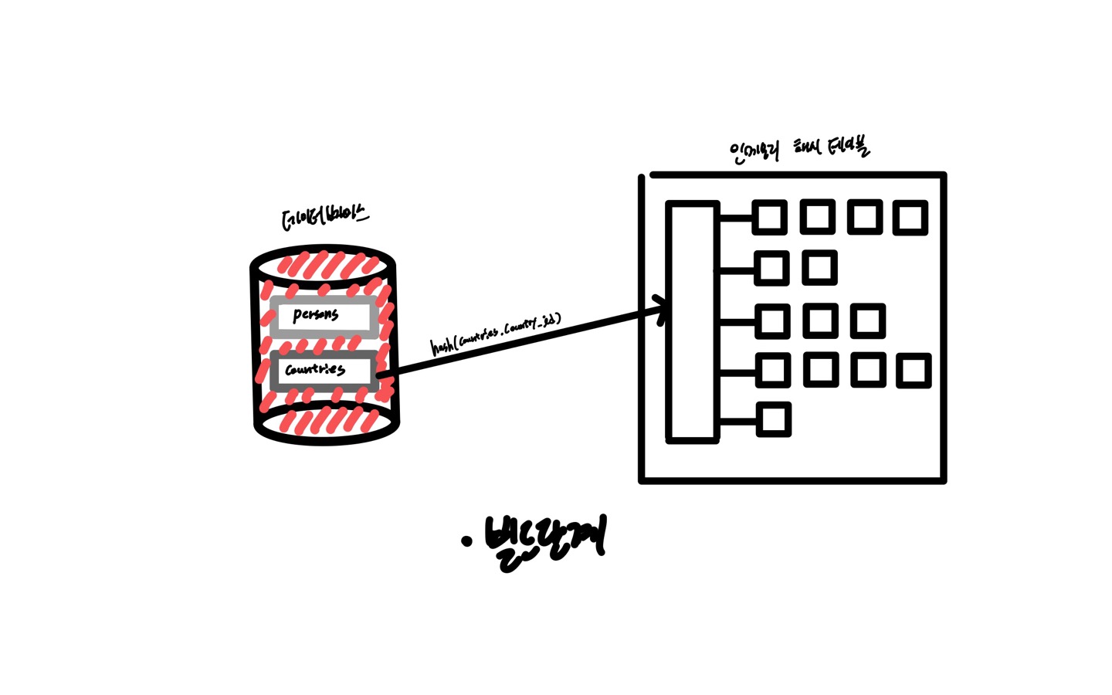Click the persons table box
(x=324, y=317)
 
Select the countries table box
(x=324, y=370)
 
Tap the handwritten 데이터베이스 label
(x=324, y=218)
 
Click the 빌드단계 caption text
(x=544, y=541)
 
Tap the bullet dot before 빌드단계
(x=466, y=541)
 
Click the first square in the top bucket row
(x=770, y=218)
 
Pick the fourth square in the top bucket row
(x=910, y=218)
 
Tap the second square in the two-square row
(x=819, y=268)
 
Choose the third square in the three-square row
(x=867, y=321)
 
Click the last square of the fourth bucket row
(x=914, y=371)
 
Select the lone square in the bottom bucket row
(x=773, y=420)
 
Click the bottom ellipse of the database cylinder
(x=327, y=423)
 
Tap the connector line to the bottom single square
(x=737, y=422)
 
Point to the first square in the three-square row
(x=772, y=321)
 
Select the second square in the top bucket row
(x=817, y=217)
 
